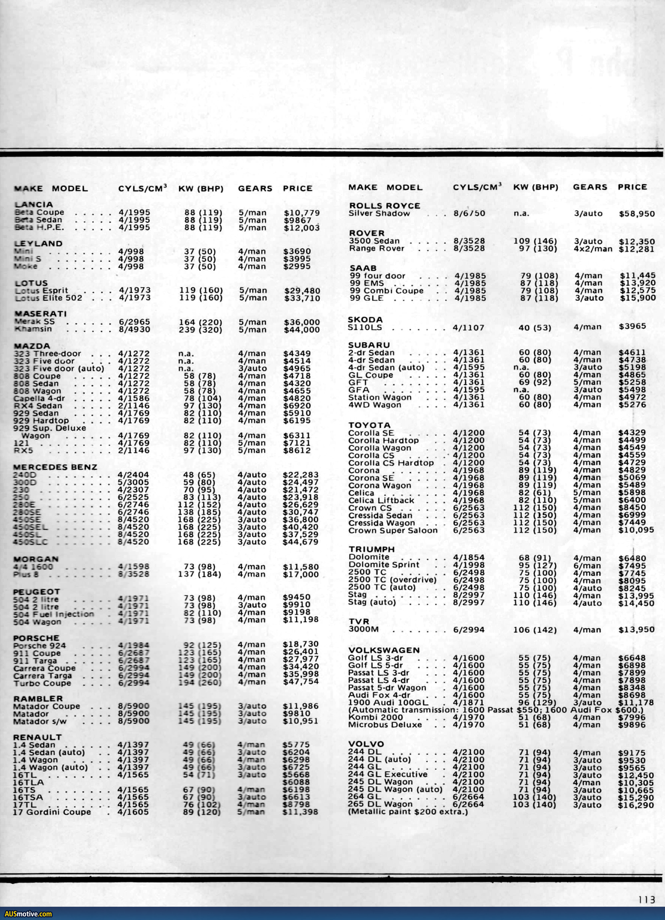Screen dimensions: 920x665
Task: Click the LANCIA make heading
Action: click(x=34, y=205)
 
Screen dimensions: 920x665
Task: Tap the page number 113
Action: click(x=647, y=900)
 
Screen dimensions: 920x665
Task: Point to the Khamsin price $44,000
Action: click(x=302, y=330)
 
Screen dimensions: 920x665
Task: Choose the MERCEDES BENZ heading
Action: click(x=55, y=467)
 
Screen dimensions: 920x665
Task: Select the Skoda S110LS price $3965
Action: click(x=632, y=326)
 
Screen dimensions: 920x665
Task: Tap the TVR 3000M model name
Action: click(x=363, y=629)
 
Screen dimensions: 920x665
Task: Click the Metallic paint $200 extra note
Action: click(x=408, y=812)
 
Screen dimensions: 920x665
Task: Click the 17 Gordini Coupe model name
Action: click(x=52, y=812)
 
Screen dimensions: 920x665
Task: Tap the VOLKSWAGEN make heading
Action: click(x=384, y=650)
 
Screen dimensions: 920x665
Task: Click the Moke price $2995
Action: click(x=297, y=266)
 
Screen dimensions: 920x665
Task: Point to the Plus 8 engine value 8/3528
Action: click(x=134, y=574)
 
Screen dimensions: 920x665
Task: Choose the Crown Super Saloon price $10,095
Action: click(x=636, y=530)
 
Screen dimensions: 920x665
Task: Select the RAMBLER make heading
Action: click(x=38, y=698)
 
